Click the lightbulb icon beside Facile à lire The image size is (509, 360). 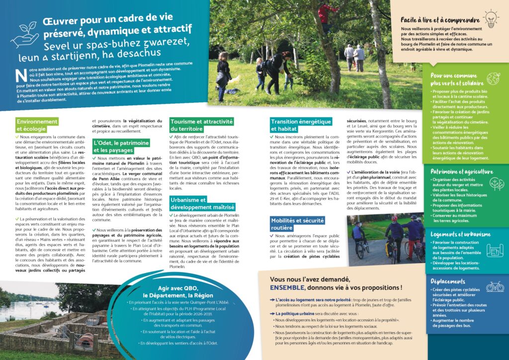(491, 19)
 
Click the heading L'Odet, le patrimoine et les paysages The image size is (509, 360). (121, 146)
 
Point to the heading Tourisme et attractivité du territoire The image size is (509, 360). (201, 125)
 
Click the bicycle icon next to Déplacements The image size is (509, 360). (495, 286)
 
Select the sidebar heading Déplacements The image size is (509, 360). (448, 281)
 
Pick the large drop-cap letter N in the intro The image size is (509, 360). (20, 75)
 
